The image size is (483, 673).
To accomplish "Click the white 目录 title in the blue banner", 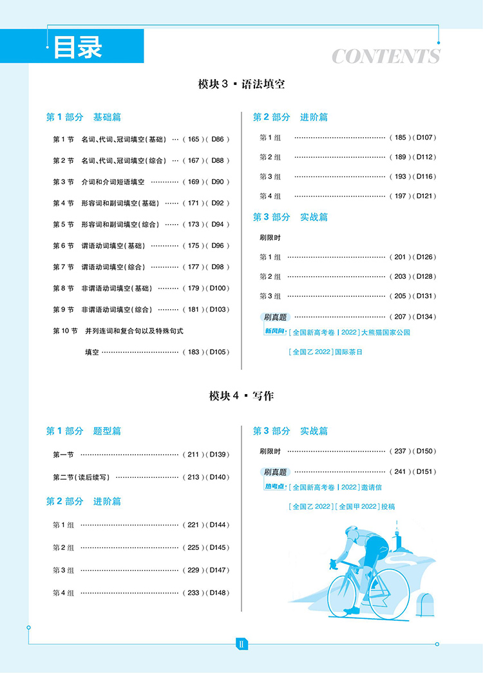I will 77,47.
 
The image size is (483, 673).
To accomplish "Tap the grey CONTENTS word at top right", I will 386,57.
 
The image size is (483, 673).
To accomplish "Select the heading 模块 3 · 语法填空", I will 241,84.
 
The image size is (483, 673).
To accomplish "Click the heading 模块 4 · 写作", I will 241,396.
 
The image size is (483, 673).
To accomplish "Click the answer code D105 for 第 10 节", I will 219,352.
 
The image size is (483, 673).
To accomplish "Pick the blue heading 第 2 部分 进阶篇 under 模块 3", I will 290,117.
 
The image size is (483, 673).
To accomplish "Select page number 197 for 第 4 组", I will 401,196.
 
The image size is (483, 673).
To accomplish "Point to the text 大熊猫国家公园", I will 384,333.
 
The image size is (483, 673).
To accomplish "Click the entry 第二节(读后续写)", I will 81,477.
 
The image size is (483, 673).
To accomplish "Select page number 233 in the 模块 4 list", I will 194,593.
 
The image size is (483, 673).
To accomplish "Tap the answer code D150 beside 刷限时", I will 426,451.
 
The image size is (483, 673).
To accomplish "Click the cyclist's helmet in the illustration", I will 352,533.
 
